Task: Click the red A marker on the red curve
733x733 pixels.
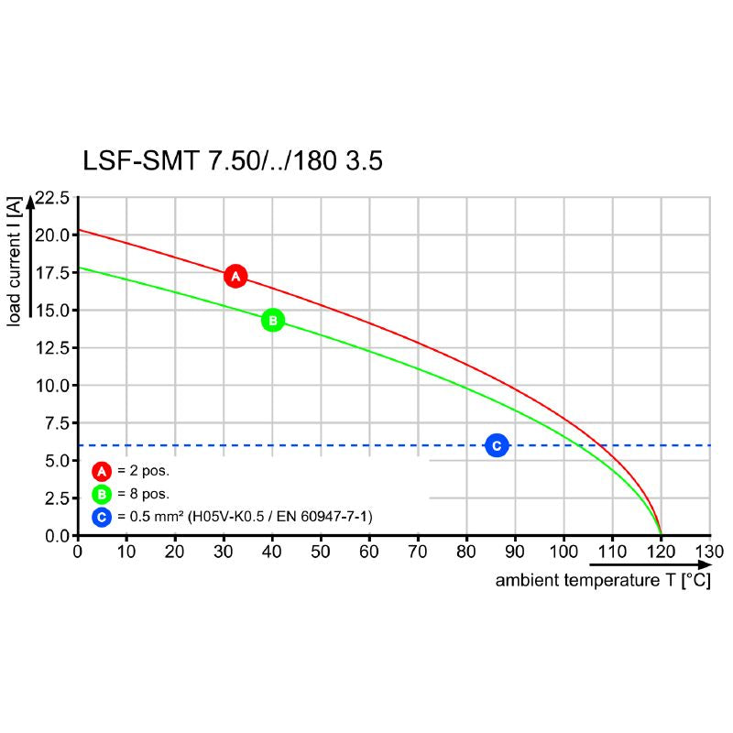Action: (x=235, y=276)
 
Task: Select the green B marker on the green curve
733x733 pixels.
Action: (x=273, y=321)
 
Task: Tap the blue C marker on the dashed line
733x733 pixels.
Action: (x=497, y=445)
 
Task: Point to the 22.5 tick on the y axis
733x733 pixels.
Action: (x=52, y=197)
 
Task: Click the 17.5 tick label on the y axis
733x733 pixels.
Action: (x=52, y=272)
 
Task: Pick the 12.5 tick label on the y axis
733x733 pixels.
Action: (x=52, y=347)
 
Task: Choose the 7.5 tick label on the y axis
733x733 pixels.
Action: (x=57, y=422)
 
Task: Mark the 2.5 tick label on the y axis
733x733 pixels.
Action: (x=57, y=498)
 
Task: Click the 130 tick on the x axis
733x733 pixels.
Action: (x=709, y=552)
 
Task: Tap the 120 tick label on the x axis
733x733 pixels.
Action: (x=661, y=552)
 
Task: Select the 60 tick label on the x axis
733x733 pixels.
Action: (x=369, y=552)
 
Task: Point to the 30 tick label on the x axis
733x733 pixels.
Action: (x=224, y=552)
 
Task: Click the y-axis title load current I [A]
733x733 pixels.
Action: (x=15, y=261)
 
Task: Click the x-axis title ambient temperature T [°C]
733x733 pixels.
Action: (x=603, y=582)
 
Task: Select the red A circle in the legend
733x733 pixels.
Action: (x=102, y=472)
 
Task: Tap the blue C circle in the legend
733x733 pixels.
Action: (x=102, y=518)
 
